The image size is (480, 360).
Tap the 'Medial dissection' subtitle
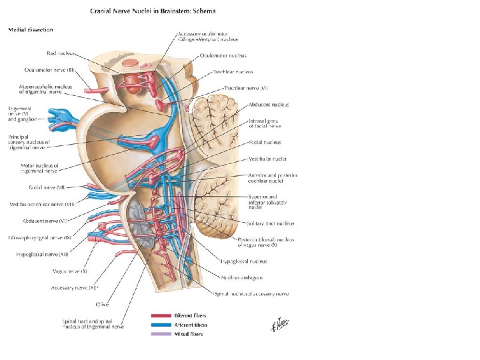[31, 30]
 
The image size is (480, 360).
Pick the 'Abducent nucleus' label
[268, 105]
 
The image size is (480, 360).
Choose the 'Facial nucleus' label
[265, 142]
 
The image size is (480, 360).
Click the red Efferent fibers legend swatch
[161, 315]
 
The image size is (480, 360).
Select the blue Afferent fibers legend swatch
[161, 324]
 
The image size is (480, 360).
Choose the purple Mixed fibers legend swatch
[161, 333]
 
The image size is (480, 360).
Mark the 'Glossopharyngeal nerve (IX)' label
[40, 238]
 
